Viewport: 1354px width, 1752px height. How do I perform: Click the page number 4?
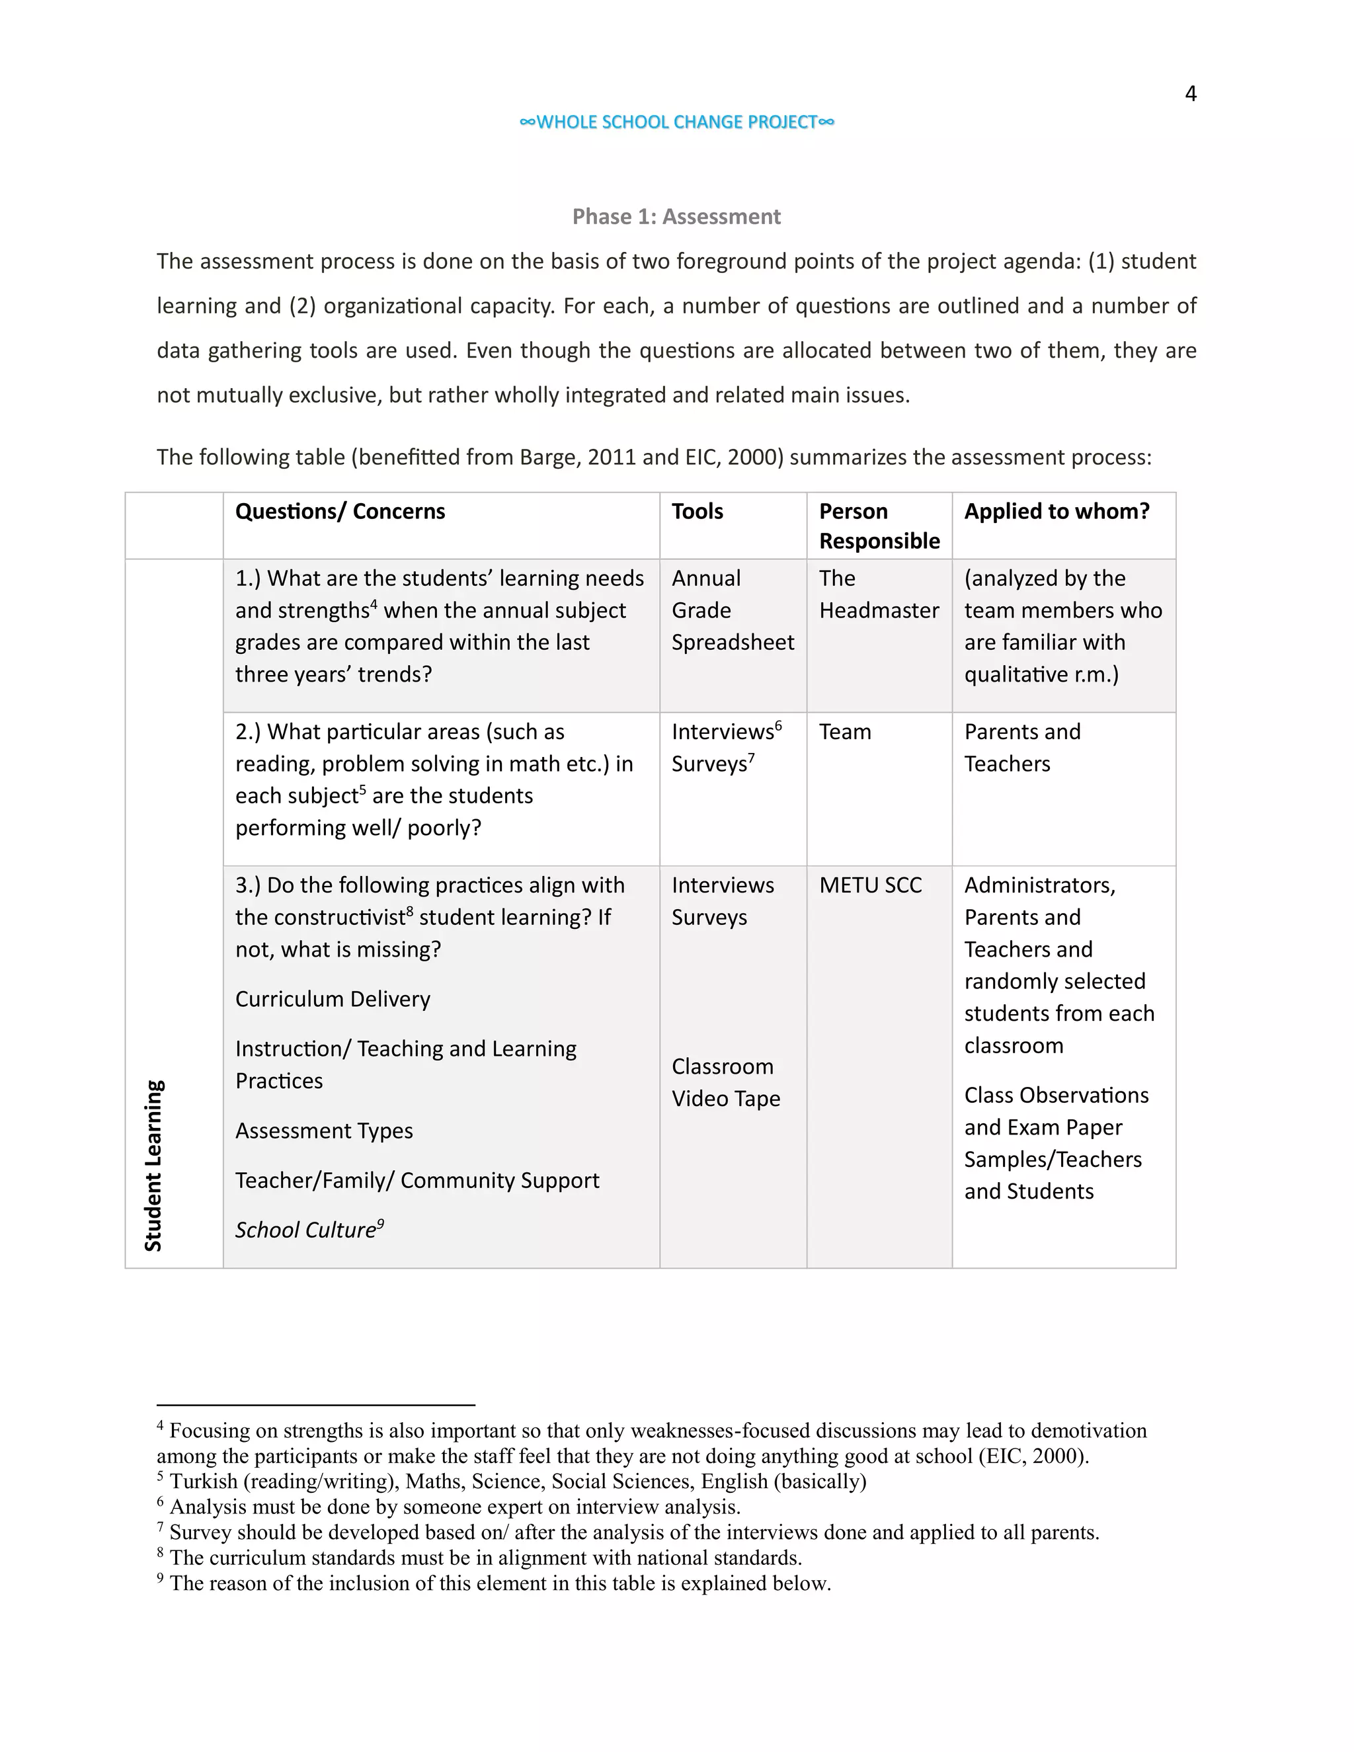[1190, 94]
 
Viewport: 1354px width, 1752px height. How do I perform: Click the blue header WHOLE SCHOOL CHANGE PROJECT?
[677, 122]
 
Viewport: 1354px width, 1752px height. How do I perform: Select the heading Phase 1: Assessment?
[676, 217]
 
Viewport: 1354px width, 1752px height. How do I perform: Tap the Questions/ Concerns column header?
[340, 512]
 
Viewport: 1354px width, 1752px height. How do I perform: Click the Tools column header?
[697, 512]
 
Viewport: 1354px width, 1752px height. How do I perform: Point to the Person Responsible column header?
[879, 526]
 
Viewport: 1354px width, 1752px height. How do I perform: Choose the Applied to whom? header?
[1056, 512]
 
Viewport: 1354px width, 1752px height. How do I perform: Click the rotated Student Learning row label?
[153, 1165]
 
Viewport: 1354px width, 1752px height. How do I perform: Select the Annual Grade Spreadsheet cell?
[733, 610]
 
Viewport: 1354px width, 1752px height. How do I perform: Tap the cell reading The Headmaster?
[879, 594]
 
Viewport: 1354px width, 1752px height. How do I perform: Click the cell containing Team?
[845, 733]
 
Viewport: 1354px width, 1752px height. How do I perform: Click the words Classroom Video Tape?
[725, 1083]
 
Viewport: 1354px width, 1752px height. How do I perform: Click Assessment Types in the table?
[324, 1131]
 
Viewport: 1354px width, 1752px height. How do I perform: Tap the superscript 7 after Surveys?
[752, 757]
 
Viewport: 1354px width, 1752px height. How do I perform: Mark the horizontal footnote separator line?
[315, 1406]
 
